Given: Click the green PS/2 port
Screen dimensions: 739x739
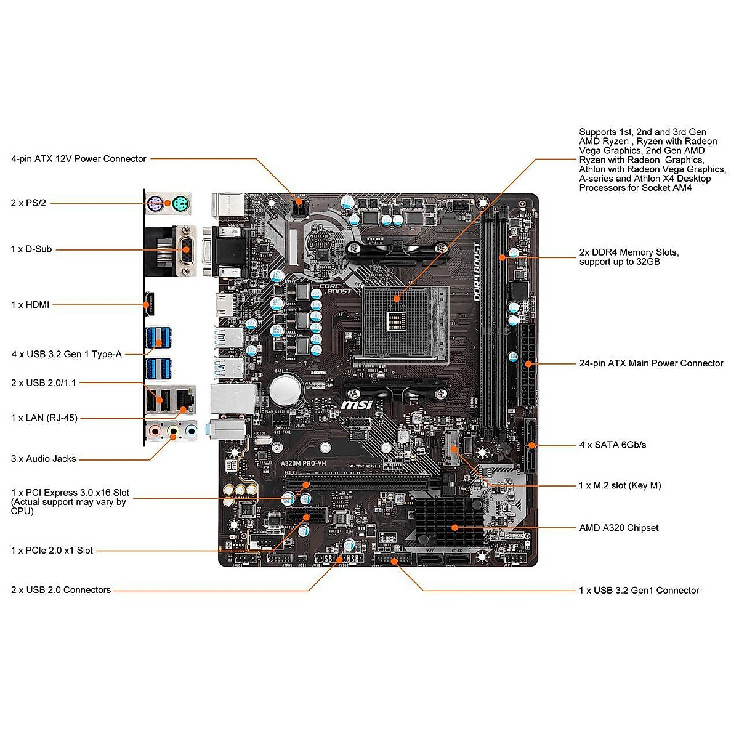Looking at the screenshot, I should [180, 203].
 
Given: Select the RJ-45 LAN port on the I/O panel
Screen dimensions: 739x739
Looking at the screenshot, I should [184, 400].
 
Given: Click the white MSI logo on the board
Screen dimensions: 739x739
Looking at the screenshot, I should [357, 405].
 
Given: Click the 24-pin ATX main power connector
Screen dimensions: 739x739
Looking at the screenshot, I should [527, 365].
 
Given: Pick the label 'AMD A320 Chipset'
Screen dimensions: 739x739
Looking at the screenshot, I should [618, 528].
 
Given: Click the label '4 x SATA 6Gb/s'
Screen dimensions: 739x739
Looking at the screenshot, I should [612, 445].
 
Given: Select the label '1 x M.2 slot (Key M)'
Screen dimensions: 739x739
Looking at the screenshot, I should [620, 485].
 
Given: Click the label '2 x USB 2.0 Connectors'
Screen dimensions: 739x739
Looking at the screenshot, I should [61, 590].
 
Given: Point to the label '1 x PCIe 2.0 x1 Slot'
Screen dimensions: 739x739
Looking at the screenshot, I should [52, 551].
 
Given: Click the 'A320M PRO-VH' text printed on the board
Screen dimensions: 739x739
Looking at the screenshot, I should [303, 463].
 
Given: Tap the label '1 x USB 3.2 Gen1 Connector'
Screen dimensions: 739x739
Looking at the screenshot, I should [639, 591].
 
